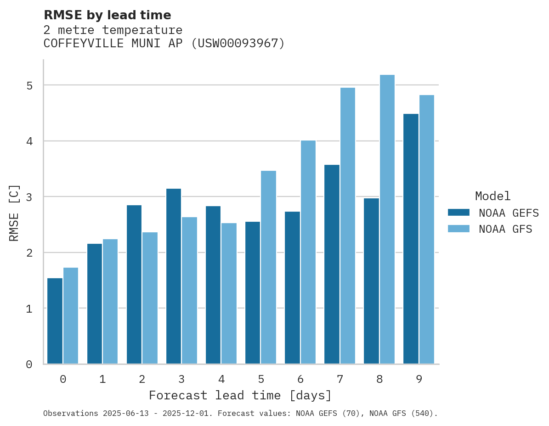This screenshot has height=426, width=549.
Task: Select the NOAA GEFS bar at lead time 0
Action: tap(55, 321)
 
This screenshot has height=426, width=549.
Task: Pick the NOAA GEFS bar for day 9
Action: tap(411, 239)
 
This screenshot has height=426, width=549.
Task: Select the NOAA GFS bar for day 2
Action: tap(150, 298)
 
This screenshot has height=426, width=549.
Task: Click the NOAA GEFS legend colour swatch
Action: tap(458, 213)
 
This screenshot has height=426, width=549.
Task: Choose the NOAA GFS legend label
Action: tap(505, 229)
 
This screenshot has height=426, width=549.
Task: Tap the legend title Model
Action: tap(492, 196)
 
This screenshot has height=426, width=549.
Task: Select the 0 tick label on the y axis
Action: tap(28, 364)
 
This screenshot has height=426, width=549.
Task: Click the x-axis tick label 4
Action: tap(221, 379)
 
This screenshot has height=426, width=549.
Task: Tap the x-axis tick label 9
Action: tap(419, 379)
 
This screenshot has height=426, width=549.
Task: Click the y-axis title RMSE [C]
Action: tap(14, 213)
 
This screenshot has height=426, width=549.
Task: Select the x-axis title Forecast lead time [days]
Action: tap(240, 396)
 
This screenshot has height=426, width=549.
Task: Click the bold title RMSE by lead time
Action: tap(108, 15)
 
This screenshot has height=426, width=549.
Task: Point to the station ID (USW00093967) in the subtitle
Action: tap(238, 44)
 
